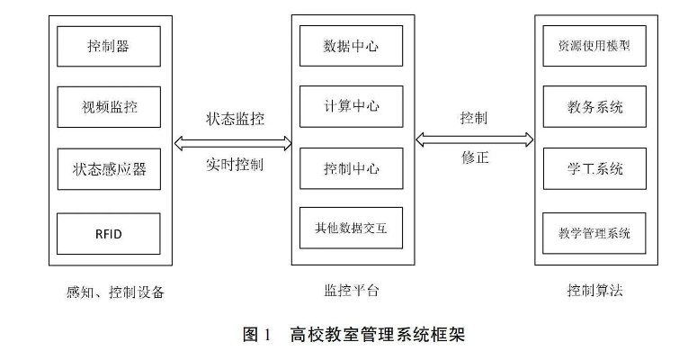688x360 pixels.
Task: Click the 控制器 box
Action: [x=109, y=46]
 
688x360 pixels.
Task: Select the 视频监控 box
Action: [x=109, y=107]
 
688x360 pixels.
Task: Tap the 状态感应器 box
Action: [x=109, y=169]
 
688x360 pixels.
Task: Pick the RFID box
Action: [x=109, y=234]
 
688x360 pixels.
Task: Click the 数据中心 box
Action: [x=351, y=46]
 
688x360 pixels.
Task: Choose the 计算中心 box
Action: [x=351, y=106]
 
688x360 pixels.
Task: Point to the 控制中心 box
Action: [x=351, y=168]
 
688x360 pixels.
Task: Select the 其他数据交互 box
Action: [x=351, y=228]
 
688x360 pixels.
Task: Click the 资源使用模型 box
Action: [x=594, y=46]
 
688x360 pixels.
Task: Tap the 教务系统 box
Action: [x=594, y=107]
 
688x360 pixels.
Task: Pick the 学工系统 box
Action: [x=594, y=168]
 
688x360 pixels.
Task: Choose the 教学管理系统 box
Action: [x=594, y=233]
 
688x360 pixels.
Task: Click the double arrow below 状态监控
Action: [x=233, y=143]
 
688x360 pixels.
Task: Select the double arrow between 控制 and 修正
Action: [x=475, y=140]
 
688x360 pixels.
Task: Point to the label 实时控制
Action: [x=235, y=165]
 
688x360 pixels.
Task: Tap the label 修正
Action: [x=475, y=157]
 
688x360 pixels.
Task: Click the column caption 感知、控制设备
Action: [x=115, y=292]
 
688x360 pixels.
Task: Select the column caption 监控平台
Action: [x=351, y=290]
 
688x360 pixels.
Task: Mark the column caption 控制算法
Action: [x=594, y=290]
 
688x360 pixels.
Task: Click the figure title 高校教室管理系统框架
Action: [x=378, y=335]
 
